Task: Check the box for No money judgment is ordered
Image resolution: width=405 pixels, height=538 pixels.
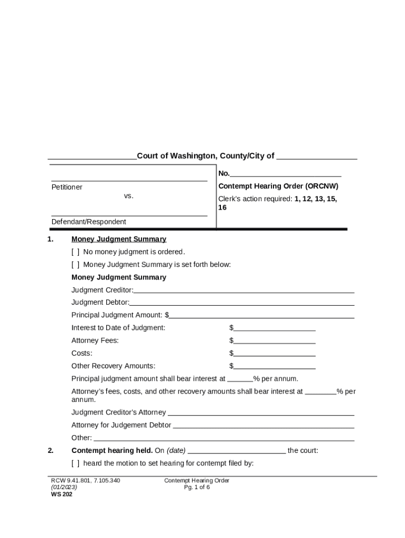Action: (x=76, y=252)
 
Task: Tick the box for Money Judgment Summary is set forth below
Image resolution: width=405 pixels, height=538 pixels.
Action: (x=76, y=264)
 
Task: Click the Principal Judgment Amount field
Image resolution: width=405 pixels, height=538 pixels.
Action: (x=261, y=315)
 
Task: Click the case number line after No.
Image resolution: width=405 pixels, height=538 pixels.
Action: (x=286, y=173)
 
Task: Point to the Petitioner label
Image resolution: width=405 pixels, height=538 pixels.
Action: (x=67, y=187)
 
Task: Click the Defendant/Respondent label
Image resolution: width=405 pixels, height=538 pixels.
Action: (x=88, y=222)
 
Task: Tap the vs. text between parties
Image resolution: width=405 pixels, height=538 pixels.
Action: (x=129, y=196)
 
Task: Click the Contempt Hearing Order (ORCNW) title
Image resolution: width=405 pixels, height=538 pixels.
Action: (x=278, y=186)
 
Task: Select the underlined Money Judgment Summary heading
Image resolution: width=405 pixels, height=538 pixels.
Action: (x=119, y=239)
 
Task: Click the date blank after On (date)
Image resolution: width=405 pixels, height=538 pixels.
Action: (x=237, y=450)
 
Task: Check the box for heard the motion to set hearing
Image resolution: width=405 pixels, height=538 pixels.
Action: (x=76, y=463)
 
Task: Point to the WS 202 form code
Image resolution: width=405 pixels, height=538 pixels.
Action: (x=62, y=494)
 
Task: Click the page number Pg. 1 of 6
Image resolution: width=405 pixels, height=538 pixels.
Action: (x=197, y=487)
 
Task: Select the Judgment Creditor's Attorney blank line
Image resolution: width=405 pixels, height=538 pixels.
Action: (x=261, y=412)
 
